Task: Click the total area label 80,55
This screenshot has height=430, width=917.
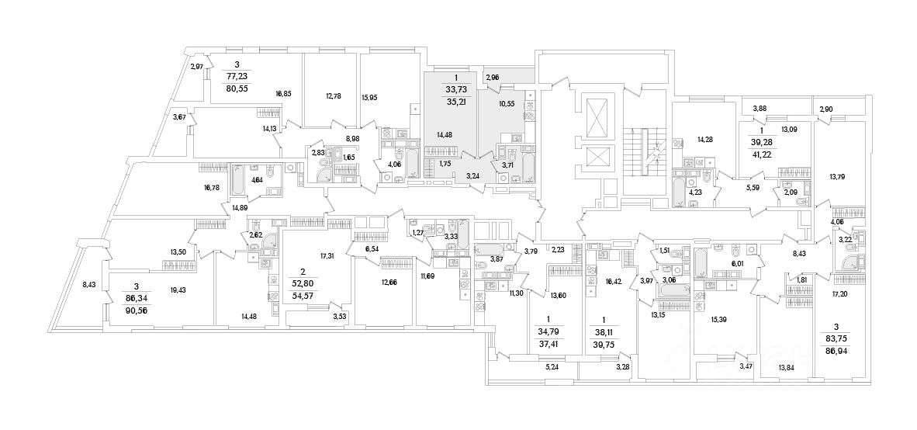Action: (237, 88)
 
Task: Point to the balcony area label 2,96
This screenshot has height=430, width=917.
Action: (493, 78)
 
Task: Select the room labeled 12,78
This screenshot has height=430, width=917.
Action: (334, 96)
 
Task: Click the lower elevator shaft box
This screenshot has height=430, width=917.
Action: (596, 156)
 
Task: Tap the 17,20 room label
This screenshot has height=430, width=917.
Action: (839, 295)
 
